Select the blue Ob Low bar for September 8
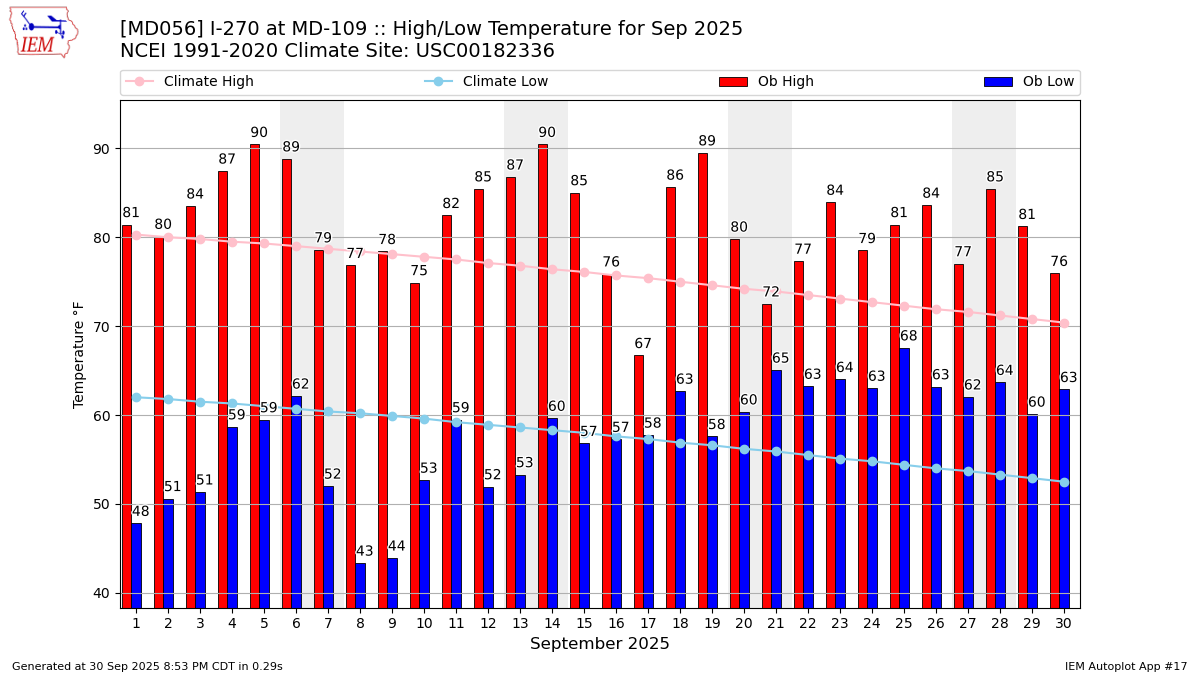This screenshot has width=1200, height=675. (x=360, y=585)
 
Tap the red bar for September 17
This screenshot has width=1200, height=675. (x=639, y=480)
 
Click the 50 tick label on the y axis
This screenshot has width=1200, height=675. (x=102, y=505)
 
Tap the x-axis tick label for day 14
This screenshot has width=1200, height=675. (x=552, y=623)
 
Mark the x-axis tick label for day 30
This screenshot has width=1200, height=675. (x=1064, y=623)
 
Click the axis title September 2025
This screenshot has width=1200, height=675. (x=600, y=644)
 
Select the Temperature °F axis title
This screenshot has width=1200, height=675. (x=80, y=354)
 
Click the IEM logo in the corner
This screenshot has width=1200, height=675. (x=43, y=32)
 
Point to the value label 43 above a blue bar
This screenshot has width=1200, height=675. (x=365, y=552)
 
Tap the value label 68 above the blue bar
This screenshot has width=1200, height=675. (x=908, y=336)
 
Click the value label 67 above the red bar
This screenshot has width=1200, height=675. (x=643, y=344)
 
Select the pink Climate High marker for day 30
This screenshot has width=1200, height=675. (x=1064, y=323)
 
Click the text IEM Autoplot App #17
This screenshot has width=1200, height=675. (x=1126, y=666)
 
